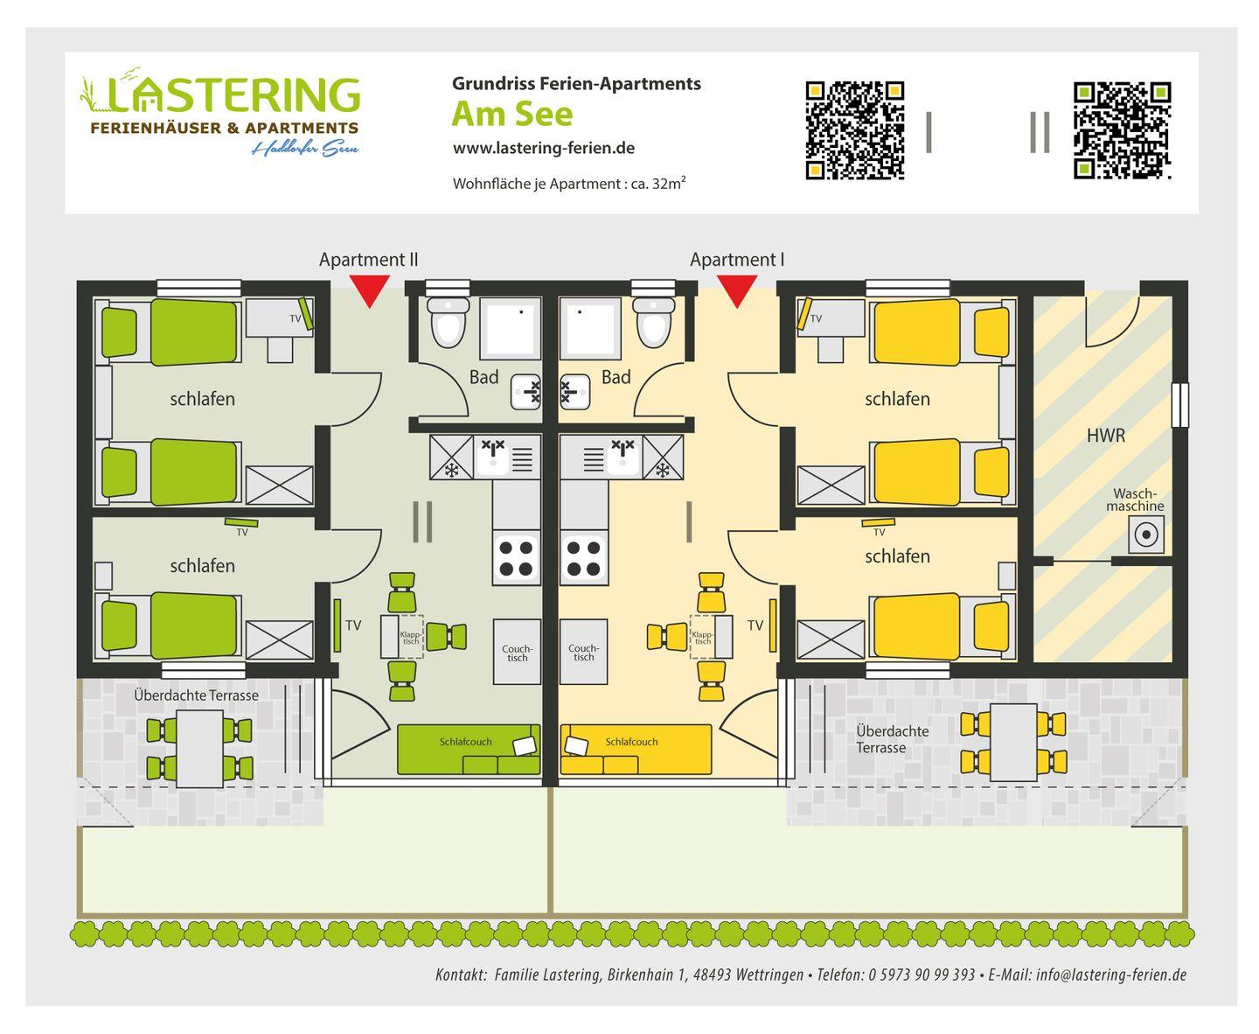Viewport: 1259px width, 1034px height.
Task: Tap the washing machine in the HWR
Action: coord(1144,534)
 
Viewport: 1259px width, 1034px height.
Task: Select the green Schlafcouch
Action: coord(469,749)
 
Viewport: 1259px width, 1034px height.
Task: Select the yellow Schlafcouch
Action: coord(636,749)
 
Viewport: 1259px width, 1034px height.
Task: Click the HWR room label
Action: coord(1105,435)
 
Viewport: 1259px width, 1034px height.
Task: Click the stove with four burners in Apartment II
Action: coord(516,558)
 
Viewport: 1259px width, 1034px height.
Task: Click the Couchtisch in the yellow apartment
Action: coord(583,652)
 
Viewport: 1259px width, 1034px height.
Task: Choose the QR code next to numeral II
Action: coord(1122,130)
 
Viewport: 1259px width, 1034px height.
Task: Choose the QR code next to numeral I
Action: coord(854,130)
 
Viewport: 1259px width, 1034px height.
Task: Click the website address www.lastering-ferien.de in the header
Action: coord(543,148)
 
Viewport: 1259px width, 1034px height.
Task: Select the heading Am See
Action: coord(511,114)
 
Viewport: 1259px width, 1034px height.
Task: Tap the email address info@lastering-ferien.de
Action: coord(1110,975)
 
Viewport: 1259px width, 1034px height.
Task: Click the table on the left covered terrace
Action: coord(199,748)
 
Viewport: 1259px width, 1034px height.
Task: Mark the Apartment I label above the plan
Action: coord(736,260)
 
